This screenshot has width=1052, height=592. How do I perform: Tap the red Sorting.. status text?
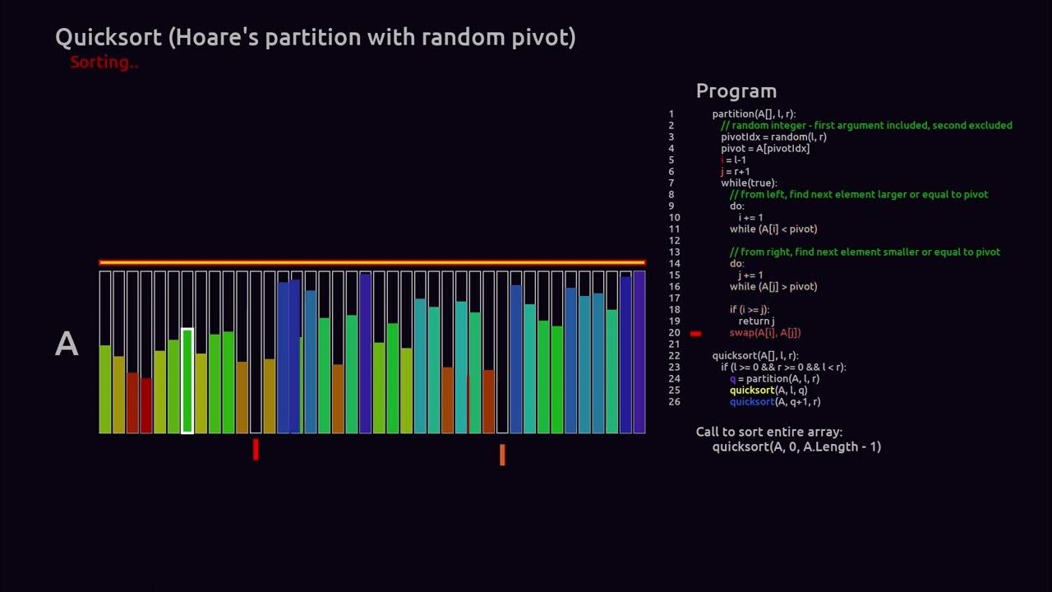pos(104,62)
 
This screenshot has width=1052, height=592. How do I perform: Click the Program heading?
pos(736,91)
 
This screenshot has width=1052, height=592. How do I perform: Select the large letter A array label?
pos(67,345)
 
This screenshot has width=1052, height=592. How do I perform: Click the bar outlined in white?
pos(187,380)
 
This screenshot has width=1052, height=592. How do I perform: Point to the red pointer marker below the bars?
pos(256,449)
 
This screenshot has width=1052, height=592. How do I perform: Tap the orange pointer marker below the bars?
pos(502,455)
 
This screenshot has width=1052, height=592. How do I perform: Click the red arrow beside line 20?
pos(695,333)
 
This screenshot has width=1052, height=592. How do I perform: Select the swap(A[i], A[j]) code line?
pos(764,333)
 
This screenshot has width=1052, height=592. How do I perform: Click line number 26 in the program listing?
pos(674,402)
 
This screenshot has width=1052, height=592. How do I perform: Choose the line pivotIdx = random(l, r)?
pos(773,137)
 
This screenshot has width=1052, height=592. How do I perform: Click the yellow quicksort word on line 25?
pos(751,391)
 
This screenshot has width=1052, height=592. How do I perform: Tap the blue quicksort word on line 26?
pos(751,402)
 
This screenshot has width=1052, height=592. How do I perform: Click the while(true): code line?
pos(749,183)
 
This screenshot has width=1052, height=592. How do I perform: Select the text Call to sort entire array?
pos(768,432)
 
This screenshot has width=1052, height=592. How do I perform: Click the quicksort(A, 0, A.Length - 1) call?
pos(796,446)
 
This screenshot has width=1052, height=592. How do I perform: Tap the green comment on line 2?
pos(866,126)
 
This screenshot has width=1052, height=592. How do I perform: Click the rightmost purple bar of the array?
pos(639,354)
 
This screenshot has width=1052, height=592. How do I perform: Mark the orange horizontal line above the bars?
pos(371,263)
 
